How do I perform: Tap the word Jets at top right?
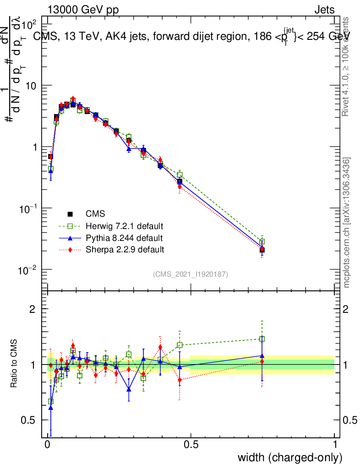324,10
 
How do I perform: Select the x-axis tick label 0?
48,445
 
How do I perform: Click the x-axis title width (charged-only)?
289,458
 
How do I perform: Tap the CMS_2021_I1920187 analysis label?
191,274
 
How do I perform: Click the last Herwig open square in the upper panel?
262,242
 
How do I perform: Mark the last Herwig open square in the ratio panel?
262,339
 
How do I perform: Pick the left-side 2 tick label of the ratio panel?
33,309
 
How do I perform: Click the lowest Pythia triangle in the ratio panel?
50,407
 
